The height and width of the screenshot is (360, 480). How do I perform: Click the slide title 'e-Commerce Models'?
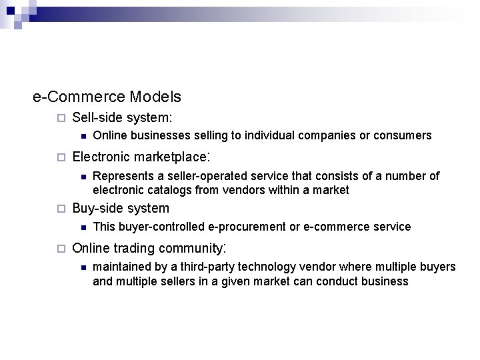pos(107,97)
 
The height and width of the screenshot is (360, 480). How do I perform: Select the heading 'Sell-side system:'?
pos(122,118)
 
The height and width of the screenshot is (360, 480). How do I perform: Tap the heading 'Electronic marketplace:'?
pos(141,157)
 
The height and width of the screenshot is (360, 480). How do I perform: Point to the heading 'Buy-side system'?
pos(120,208)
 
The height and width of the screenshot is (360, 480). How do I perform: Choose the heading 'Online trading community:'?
pos(150,249)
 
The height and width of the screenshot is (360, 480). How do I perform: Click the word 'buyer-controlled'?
pos(165,227)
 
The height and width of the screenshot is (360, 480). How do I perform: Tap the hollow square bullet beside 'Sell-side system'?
pos(60,119)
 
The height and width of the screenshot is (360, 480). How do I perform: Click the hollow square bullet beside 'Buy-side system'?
pos(60,209)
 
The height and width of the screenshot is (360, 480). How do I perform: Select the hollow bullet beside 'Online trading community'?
pos(60,249)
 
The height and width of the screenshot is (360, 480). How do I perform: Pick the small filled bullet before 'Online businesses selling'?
pos(81,136)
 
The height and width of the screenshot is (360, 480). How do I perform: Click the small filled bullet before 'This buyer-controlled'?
pos(81,227)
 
